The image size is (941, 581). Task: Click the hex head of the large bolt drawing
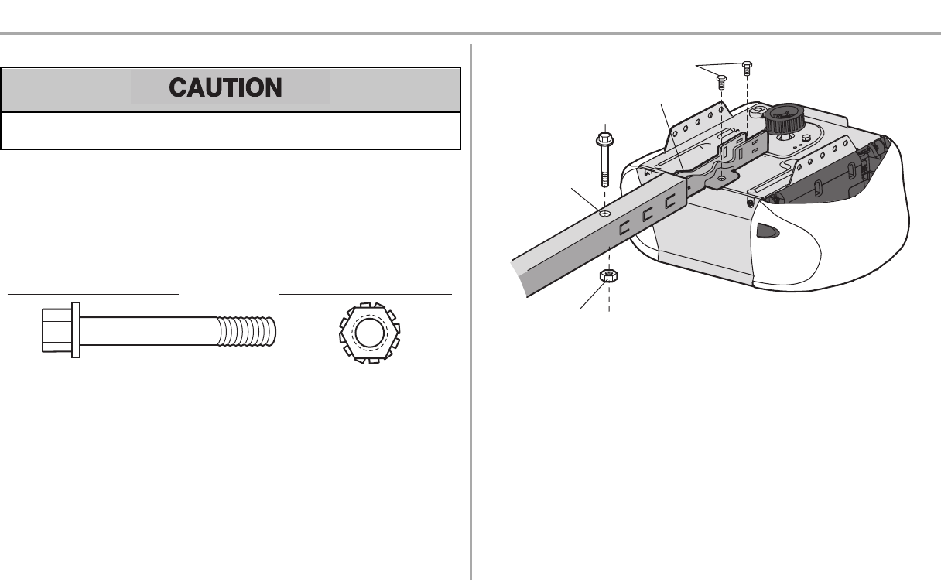click(x=56, y=330)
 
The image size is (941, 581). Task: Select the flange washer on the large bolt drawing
click(x=75, y=330)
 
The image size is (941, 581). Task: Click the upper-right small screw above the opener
click(x=747, y=68)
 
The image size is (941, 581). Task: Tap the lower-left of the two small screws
click(x=721, y=80)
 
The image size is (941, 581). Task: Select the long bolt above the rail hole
click(x=604, y=159)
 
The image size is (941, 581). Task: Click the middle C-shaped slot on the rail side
click(x=649, y=217)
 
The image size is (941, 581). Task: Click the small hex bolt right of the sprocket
click(x=806, y=137)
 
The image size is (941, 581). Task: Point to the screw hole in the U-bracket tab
click(x=721, y=178)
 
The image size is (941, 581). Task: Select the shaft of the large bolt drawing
click(x=147, y=330)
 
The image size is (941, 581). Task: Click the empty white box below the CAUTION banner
click(x=231, y=131)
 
